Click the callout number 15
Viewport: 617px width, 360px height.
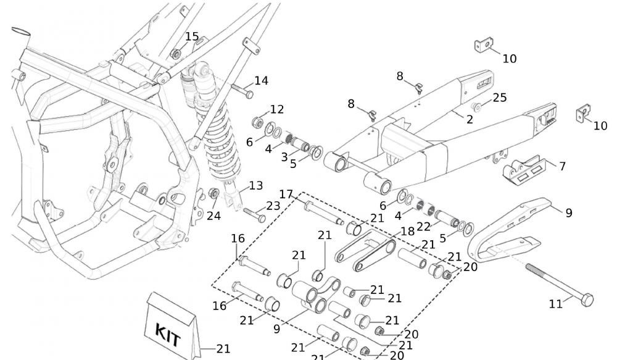(x=192, y=36)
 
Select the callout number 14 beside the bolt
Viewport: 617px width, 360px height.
(x=261, y=80)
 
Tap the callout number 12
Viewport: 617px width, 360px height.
(x=277, y=109)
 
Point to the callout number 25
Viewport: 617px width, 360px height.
(x=500, y=98)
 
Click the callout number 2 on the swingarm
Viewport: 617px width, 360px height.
(x=470, y=119)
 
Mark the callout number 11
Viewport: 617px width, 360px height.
(x=556, y=303)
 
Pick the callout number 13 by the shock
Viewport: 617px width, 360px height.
(x=255, y=185)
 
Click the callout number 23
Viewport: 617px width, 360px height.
(x=273, y=206)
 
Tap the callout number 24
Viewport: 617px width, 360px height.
(x=213, y=216)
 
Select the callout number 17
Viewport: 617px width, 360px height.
(x=286, y=195)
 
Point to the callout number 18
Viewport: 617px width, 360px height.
(x=407, y=231)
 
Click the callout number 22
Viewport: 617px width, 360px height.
(x=423, y=227)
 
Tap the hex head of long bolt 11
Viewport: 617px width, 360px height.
(x=586, y=299)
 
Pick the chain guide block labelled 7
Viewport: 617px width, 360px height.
(x=520, y=170)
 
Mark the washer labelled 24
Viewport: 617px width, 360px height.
(x=213, y=195)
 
